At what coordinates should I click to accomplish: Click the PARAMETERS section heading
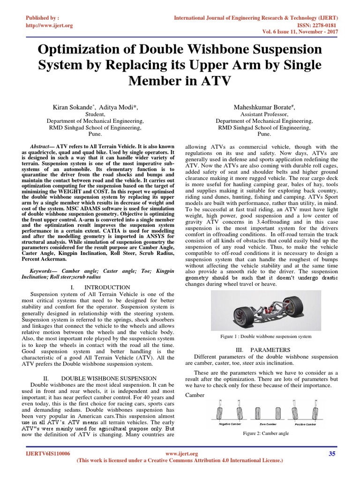pos(277,350)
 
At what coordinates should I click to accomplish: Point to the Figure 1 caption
pos(266,336)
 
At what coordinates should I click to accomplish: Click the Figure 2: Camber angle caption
pos(266,433)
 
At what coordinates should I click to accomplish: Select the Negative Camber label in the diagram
pos(231,424)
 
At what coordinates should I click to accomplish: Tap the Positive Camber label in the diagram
pos(305,424)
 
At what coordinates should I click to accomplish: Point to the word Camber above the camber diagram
pos(195,395)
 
